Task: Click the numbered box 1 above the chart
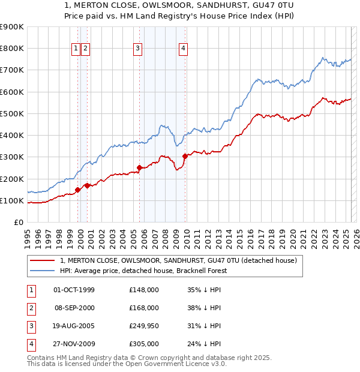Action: pyautogui.click(x=77, y=49)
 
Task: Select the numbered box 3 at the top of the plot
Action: pyautogui.click(x=138, y=49)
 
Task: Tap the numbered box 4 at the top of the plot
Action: pyautogui.click(x=183, y=49)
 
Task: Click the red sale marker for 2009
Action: pyautogui.click(x=185, y=156)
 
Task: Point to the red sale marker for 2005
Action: pyautogui.click(x=139, y=168)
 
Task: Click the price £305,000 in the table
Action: pyautogui.click(x=144, y=344)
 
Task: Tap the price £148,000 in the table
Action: pyautogui.click(x=144, y=290)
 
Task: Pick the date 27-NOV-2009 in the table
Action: pyautogui.click(x=74, y=344)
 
